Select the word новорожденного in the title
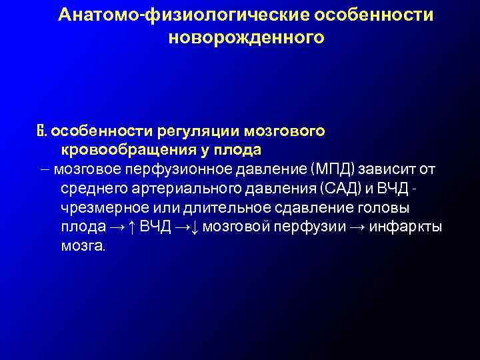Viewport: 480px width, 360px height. (246, 37)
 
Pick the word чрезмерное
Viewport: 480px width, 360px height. (97, 207)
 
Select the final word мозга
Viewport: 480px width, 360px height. (81, 246)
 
